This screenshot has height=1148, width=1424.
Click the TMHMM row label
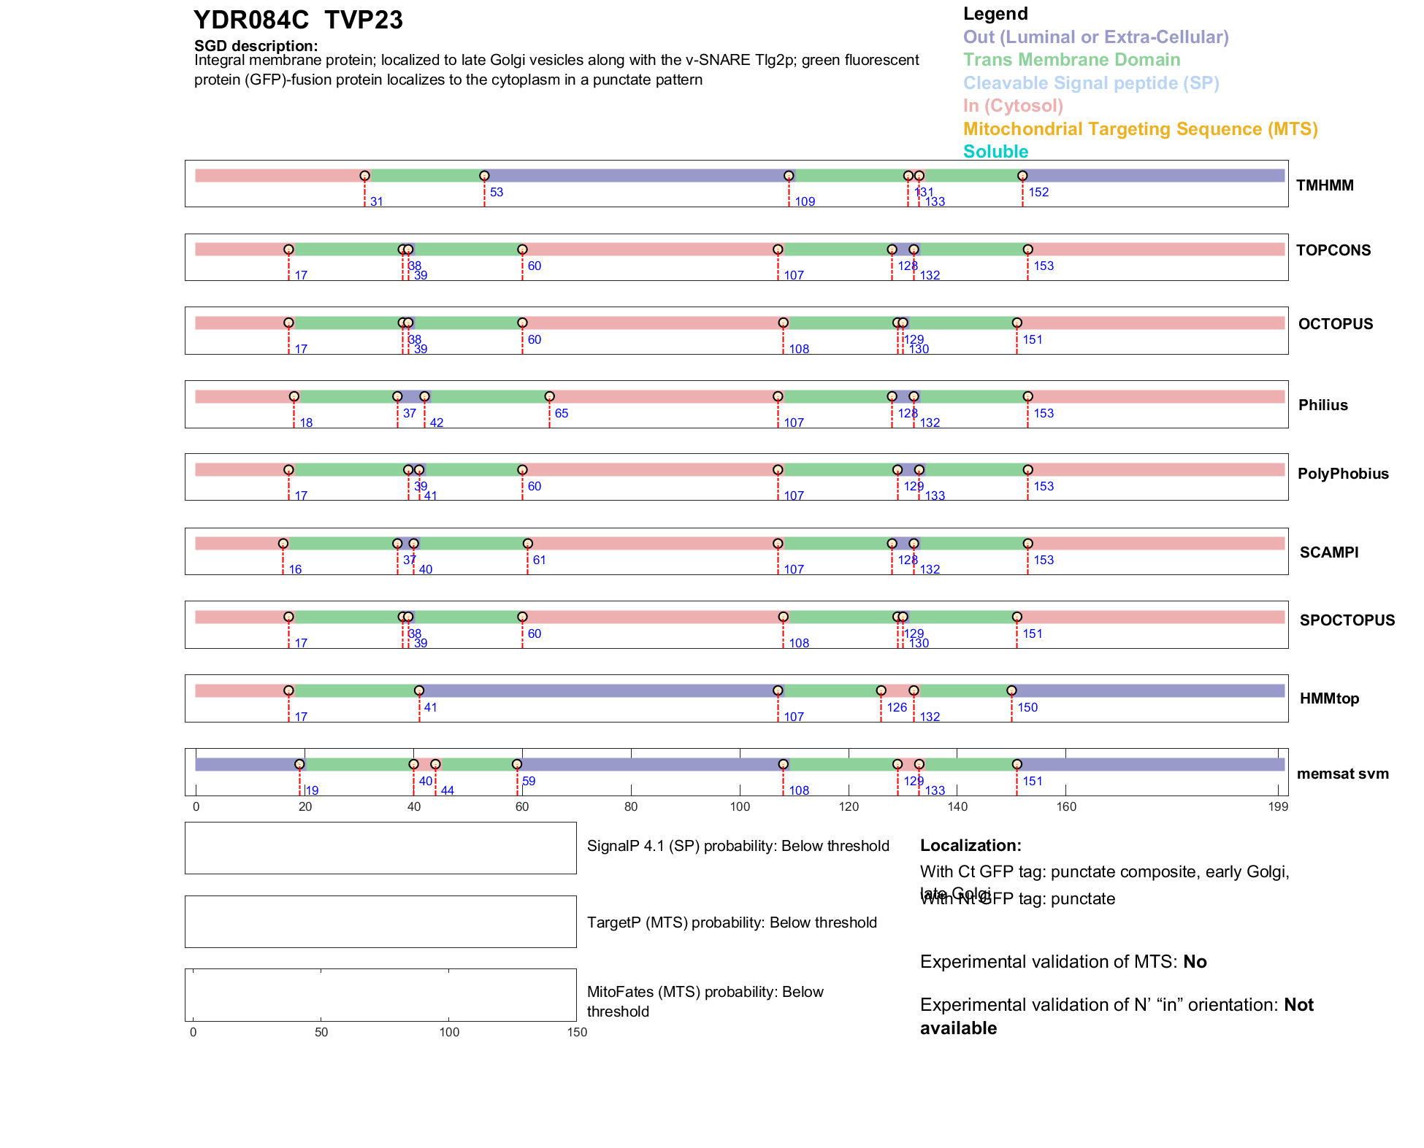1325,185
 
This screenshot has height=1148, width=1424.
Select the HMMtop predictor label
1329,698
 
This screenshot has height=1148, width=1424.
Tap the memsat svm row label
1342,774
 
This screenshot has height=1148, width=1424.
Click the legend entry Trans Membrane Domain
1071,60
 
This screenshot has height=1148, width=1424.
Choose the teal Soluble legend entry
995,152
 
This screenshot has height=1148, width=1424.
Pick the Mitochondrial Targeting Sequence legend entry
1140,129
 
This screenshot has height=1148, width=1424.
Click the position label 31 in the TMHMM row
377,201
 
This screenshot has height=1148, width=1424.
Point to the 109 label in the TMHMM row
805,201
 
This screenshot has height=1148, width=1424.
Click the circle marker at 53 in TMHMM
484,176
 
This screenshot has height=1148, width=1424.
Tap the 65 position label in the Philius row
561,413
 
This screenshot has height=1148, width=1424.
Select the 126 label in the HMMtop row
897,707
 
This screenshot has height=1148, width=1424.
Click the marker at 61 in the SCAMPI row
528,544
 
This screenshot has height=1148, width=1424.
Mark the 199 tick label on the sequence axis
1278,806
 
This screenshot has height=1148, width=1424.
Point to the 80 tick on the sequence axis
631,806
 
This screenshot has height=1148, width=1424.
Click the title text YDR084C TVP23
298,20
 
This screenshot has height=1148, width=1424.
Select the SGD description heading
256,46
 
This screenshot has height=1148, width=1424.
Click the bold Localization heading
971,845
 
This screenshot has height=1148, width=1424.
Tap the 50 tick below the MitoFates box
321,1032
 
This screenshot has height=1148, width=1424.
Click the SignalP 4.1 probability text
738,846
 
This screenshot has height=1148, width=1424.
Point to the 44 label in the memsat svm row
447,790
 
